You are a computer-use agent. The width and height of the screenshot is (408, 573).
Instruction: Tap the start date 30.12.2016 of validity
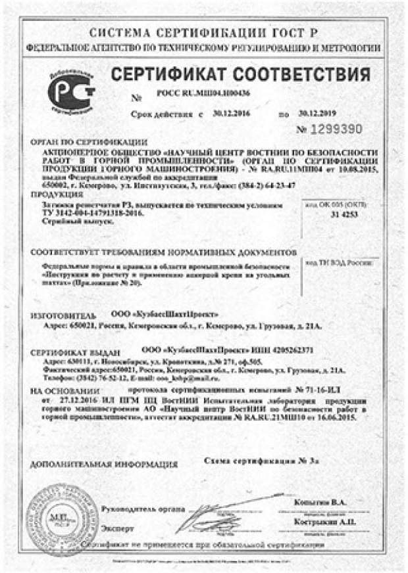point(228,113)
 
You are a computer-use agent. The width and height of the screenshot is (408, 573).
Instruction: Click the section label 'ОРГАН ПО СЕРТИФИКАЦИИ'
point(89,142)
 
